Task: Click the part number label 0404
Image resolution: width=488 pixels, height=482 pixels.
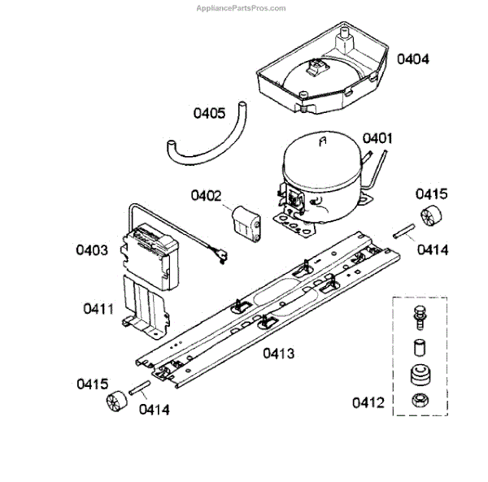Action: [x=413, y=59]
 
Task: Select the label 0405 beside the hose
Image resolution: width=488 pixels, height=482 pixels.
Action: [x=209, y=113]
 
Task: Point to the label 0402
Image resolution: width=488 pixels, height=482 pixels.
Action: [x=207, y=195]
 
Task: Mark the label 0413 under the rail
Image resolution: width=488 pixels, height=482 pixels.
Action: [x=277, y=354]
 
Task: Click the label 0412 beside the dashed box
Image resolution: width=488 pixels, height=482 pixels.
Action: [x=368, y=402]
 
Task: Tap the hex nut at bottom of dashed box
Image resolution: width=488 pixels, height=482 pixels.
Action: [x=421, y=400]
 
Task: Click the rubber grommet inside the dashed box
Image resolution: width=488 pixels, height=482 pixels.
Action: [x=421, y=376]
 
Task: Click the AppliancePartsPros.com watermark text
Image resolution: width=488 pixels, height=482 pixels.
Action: [x=241, y=8]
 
